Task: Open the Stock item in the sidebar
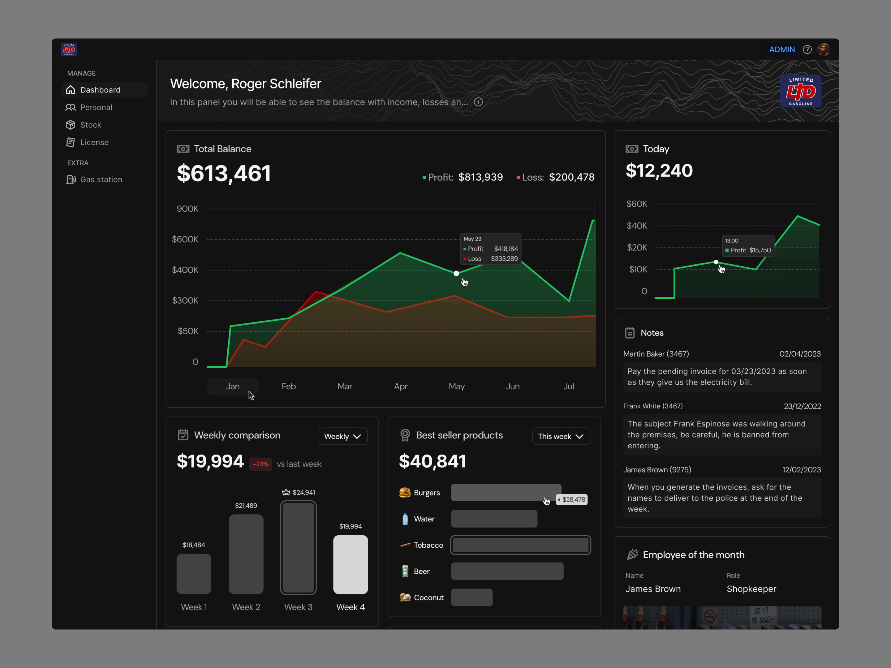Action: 84,125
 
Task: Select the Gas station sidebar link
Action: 94,180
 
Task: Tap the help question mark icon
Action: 807,49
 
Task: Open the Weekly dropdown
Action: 343,436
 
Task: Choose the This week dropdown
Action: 561,436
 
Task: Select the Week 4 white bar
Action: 351,564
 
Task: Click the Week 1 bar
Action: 194,574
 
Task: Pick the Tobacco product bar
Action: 520,545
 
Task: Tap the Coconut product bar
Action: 472,597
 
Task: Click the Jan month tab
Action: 233,387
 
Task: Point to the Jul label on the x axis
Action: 569,387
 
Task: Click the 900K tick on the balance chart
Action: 187,208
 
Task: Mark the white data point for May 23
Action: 456,273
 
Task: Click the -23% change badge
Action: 260,464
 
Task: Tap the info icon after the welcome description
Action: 478,102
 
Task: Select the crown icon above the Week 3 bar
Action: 286,492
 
